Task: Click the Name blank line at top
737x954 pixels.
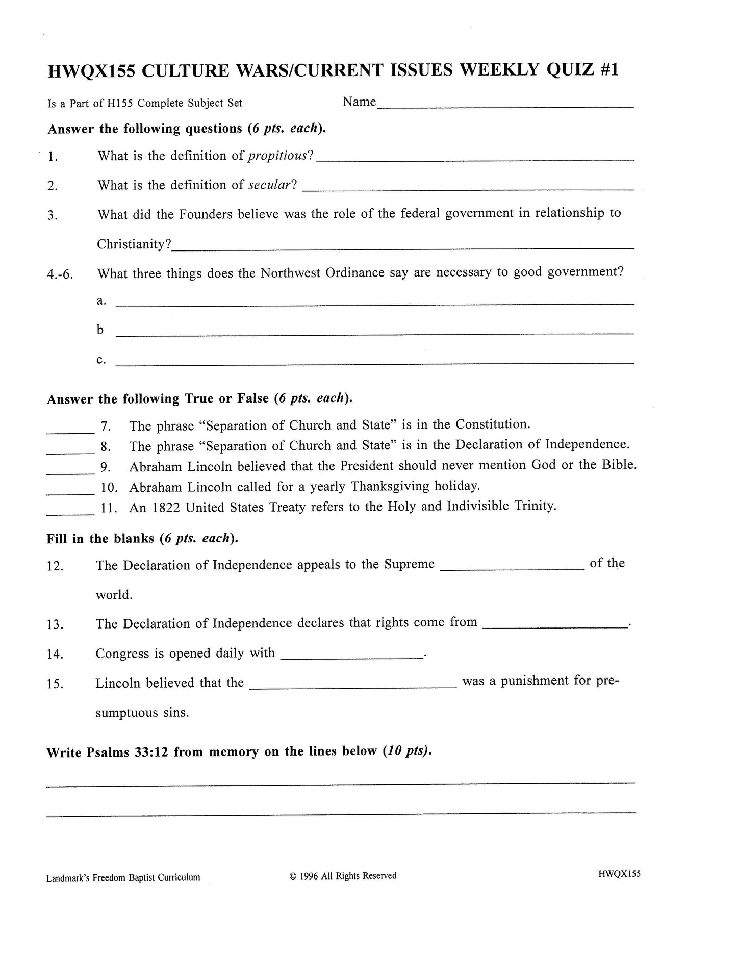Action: coord(505,105)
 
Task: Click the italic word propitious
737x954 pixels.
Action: coord(277,156)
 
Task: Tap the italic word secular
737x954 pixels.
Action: coord(270,185)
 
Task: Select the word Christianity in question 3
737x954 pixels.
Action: coord(132,244)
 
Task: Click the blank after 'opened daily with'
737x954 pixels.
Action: coord(351,656)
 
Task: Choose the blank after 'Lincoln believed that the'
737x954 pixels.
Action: coord(352,686)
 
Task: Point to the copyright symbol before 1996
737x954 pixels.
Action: coord(293,876)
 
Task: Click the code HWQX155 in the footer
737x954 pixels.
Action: coord(620,874)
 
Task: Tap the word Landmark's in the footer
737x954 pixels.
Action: coord(67,878)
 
